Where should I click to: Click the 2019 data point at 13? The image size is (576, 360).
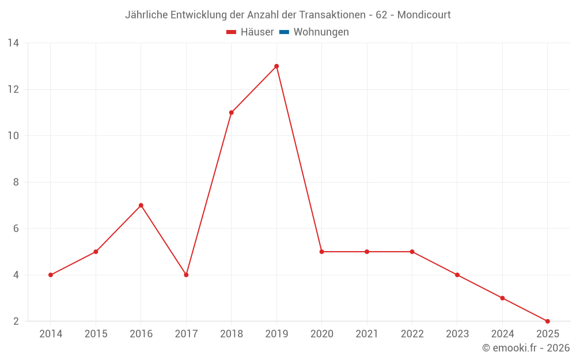[x=276, y=66]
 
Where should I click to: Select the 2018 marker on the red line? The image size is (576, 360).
[x=231, y=112]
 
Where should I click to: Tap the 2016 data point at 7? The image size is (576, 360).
[x=141, y=206]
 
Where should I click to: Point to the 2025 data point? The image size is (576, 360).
[x=547, y=321]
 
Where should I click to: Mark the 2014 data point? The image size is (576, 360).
[x=51, y=275]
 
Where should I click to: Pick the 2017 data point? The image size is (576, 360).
[x=186, y=275]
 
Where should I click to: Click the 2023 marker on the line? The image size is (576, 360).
[x=457, y=275]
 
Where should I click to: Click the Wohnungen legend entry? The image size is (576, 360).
[x=321, y=32]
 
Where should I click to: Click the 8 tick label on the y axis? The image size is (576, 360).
[x=16, y=182]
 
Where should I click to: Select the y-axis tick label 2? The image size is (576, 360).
[x=16, y=321]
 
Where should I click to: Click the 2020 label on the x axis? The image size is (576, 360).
[x=321, y=334]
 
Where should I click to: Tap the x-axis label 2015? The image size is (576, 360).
[x=96, y=334]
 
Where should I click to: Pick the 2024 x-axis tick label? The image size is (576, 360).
[x=502, y=334]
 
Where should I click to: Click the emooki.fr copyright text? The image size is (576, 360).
[x=526, y=348]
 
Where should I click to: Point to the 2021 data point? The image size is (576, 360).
[x=367, y=252]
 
